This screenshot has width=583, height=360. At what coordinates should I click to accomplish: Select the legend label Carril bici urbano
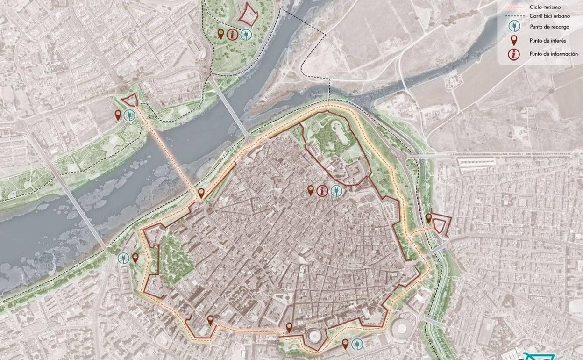coord(550,16)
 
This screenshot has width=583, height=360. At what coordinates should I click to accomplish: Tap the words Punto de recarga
coord(549,27)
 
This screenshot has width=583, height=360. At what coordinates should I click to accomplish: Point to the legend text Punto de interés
coord(547,41)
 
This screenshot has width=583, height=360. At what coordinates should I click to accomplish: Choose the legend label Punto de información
coord(553,54)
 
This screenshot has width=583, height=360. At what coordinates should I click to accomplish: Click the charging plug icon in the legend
coord(514,27)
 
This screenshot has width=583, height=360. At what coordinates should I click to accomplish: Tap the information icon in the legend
coord(514,54)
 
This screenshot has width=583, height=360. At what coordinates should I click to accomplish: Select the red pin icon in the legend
coord(514,40)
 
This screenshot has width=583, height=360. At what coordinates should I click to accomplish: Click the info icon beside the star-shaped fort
coord(232,34)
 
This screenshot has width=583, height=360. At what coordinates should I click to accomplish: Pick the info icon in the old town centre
coord(322,191)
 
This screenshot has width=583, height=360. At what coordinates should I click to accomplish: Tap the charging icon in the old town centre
coord(336,191)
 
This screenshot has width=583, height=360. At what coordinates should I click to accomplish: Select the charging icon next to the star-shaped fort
coord(246,34)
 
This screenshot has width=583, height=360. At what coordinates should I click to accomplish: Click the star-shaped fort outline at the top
coord(248,14)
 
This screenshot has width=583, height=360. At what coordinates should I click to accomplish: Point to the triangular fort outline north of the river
coord(130,100)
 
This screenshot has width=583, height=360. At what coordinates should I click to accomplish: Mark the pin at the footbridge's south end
coord(201,193)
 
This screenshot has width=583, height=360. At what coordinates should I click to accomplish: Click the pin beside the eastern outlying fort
coord(428,218)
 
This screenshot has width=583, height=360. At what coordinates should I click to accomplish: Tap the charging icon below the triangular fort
coord(130,115)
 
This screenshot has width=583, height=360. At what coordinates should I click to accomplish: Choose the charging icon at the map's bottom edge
coord(357,345)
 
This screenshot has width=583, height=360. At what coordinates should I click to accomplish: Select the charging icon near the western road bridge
coord(123,258)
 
